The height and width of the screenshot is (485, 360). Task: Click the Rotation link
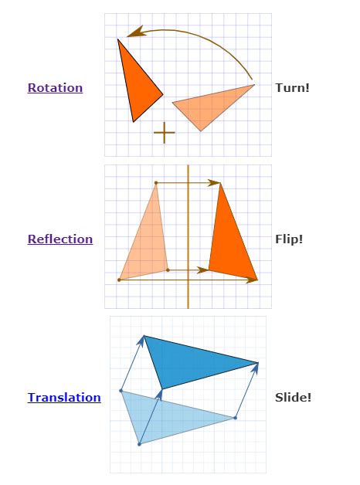(55, 88)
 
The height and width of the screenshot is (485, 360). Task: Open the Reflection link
(60, 239)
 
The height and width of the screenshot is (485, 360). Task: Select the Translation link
(64, 397)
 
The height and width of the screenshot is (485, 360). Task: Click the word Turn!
(292, 88)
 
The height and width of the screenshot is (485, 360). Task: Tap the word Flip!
(289, 239)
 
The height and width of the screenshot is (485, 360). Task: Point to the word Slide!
(293, 397)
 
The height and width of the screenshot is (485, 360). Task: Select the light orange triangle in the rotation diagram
(210, 107)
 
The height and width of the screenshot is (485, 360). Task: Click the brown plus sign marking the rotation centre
(165, 133)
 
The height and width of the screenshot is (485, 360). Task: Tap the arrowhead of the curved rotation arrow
(135, 32)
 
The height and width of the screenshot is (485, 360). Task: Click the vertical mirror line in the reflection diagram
(188, 236)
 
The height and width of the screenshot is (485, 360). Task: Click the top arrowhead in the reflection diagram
(214, 183)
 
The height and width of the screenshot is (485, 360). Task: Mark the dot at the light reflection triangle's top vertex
(156, 183)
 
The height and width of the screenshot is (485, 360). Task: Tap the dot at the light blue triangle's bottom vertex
(139, 444)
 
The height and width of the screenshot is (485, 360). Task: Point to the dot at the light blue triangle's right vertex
(236, 418)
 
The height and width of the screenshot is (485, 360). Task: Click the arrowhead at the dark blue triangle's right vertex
(256, 368)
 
